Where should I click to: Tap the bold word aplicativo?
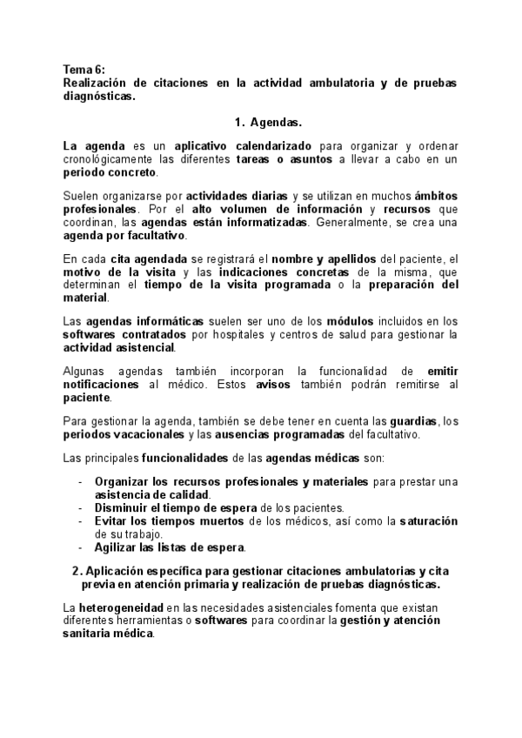pos(203,145)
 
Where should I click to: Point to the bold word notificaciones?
pos(101,384)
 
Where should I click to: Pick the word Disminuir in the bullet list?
pos(121,508)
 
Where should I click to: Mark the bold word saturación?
pos(428,520)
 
